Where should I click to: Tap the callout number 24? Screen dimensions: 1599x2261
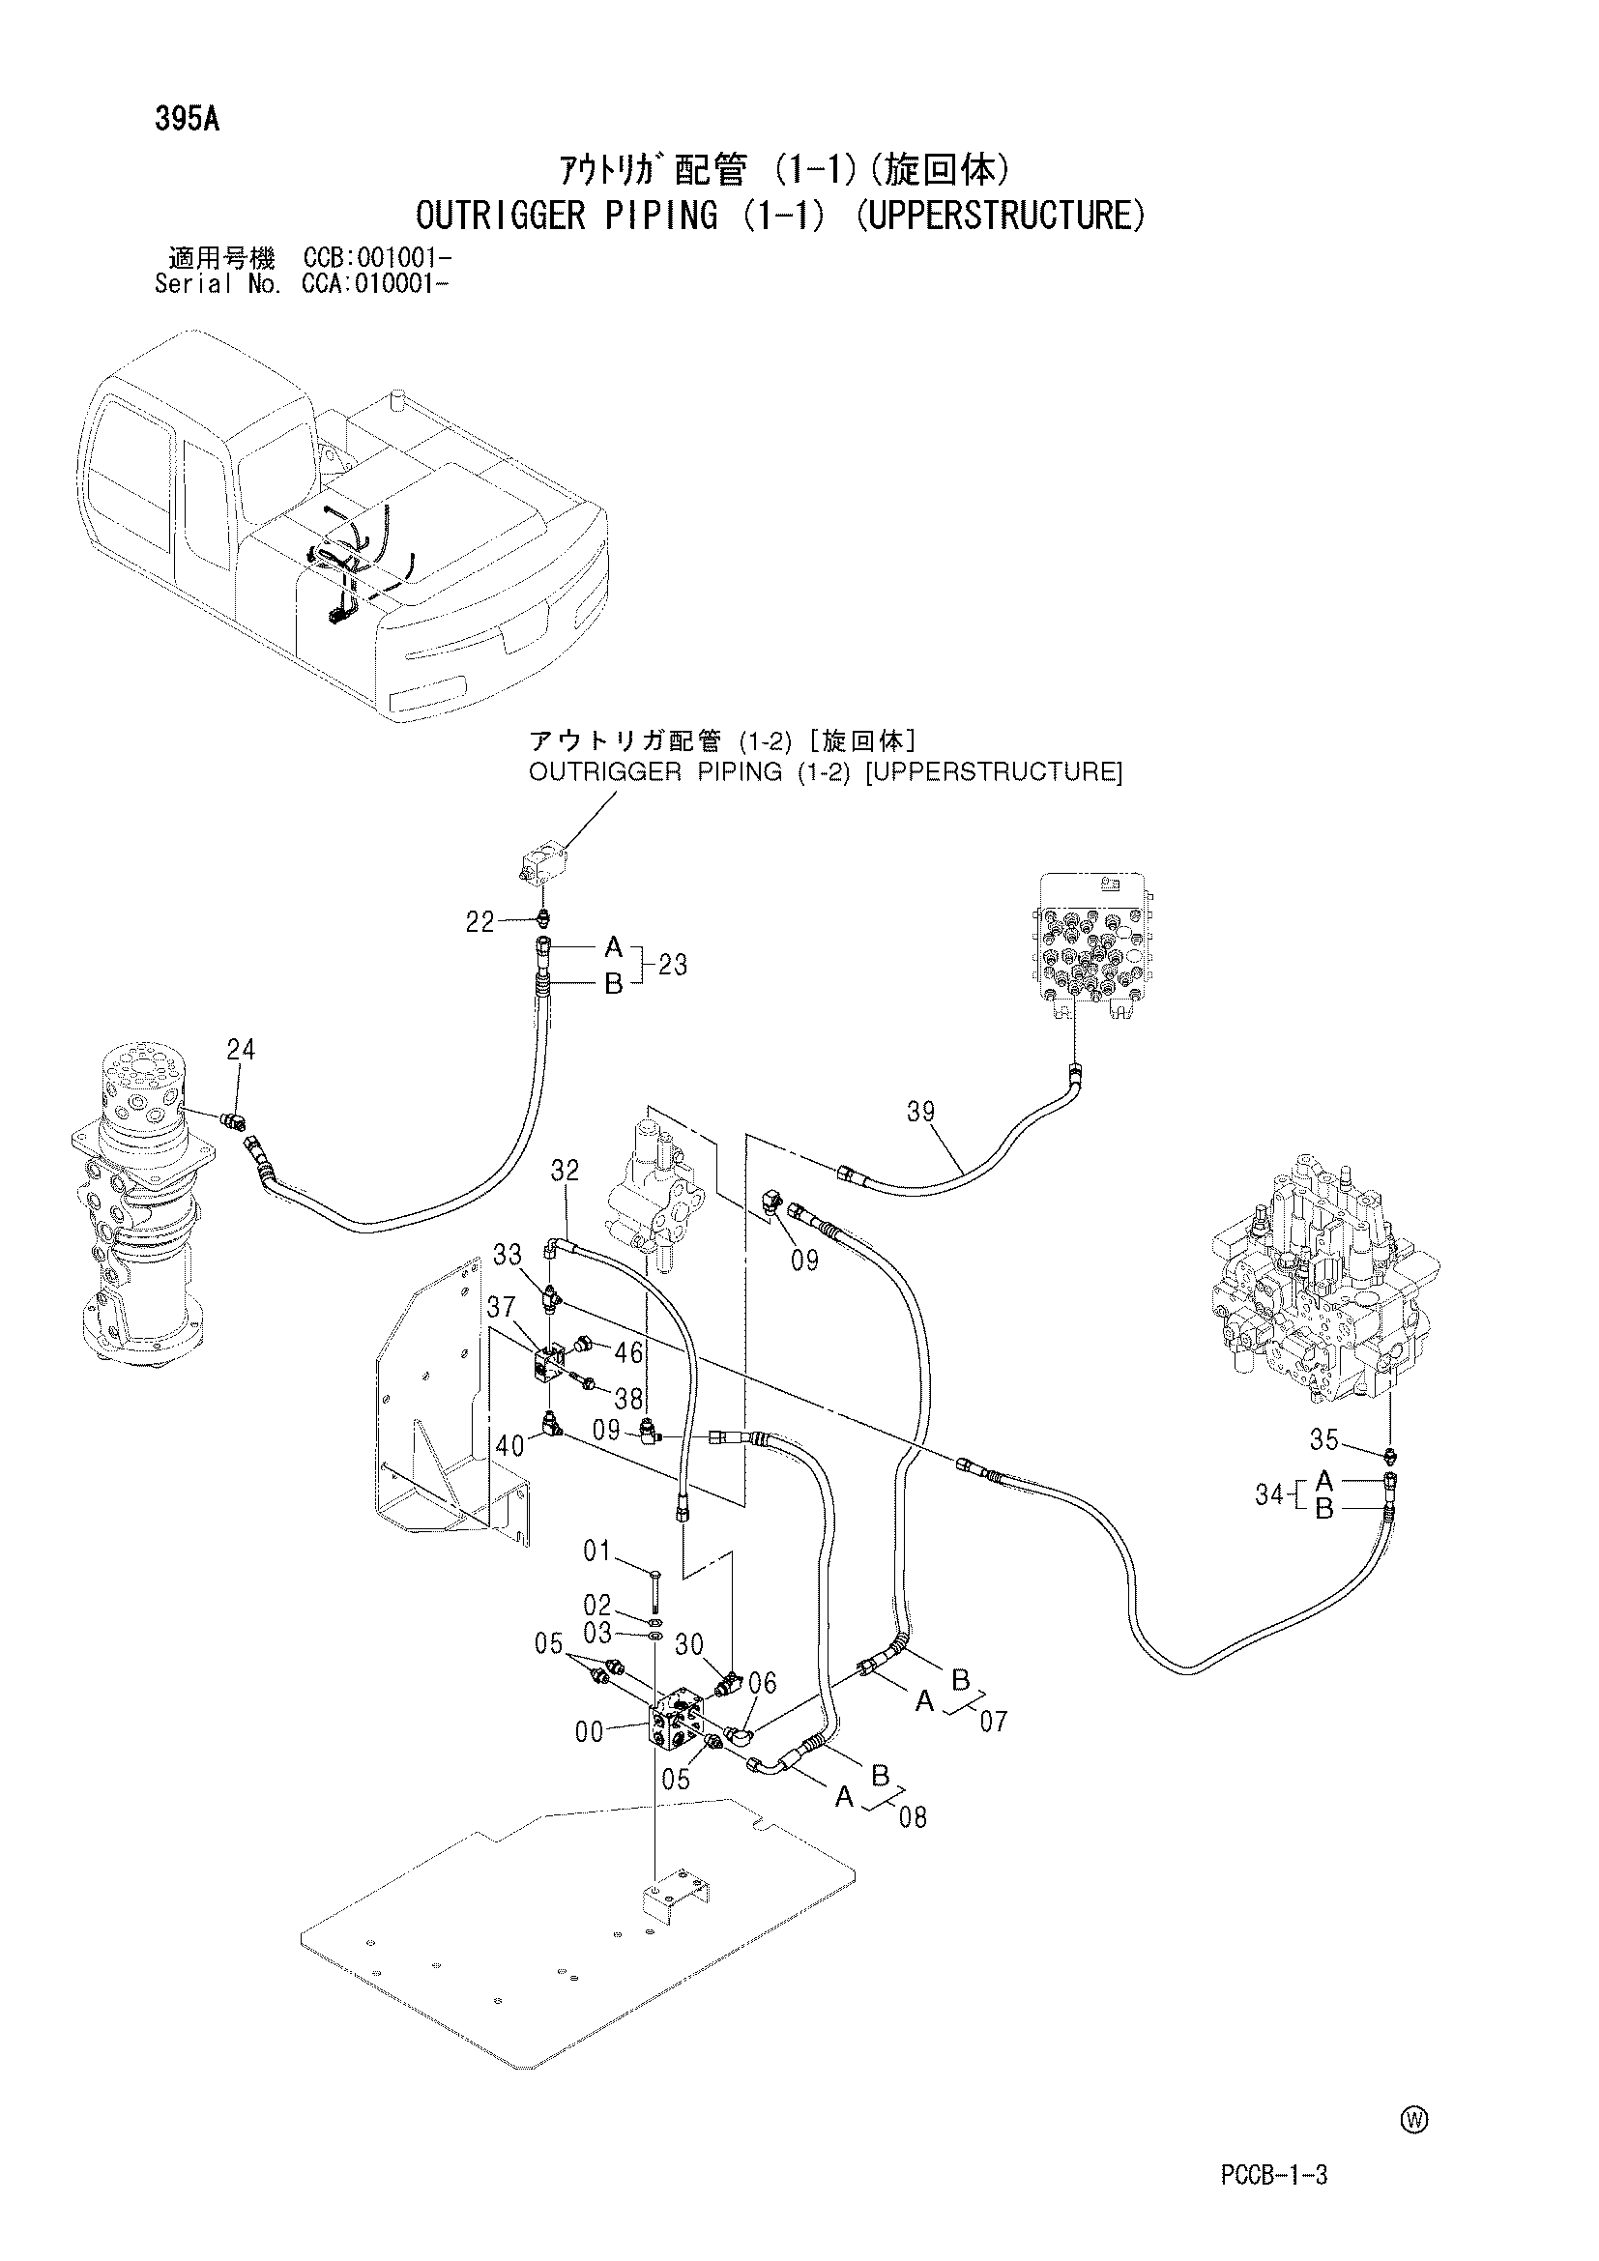241,1051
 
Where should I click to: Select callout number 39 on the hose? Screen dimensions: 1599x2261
920,1112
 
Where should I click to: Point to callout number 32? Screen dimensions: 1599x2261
566,1171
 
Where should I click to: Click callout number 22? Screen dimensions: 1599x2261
480,923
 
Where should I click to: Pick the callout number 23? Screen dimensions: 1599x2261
673,965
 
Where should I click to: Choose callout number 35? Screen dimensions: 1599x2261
1324,1440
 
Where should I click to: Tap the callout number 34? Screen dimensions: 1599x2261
1269,1494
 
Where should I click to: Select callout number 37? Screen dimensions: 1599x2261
501,1307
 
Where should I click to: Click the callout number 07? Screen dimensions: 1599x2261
994,1722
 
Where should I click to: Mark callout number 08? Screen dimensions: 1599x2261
913,1817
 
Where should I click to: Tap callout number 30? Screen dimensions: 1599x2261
689,1644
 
